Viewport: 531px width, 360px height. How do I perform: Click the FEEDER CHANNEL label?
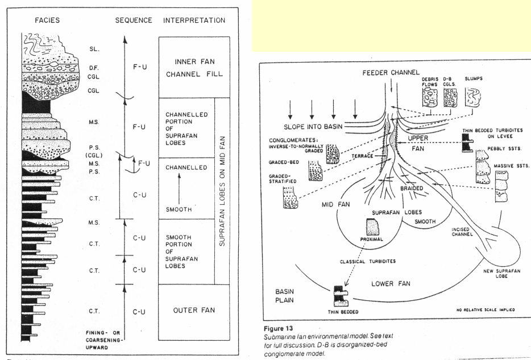click(386, 74)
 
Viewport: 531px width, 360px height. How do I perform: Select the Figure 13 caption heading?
click(281, 328)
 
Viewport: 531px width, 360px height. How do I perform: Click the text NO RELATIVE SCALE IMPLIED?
click(487, 310)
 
